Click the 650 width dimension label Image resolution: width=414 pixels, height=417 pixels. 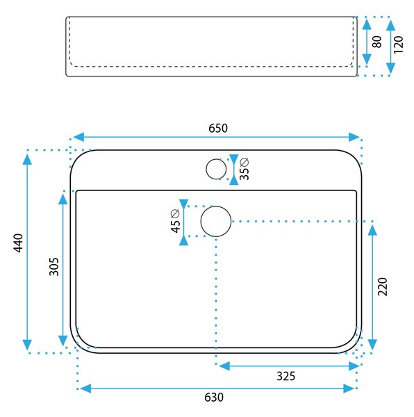point(218,128)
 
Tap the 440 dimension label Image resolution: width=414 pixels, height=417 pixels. point(19,243)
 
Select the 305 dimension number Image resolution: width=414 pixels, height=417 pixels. point(54,266)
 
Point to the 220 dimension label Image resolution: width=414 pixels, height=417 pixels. point(383,286)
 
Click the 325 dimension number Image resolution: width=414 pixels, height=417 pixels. point(286,376)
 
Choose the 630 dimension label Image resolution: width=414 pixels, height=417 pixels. point(214,398)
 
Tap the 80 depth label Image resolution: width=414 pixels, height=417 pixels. point(377,42)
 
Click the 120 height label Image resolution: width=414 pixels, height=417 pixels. point(398,44)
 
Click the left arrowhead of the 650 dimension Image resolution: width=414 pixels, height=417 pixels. point(78,137)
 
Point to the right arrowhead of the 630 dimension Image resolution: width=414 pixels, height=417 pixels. point(349,389)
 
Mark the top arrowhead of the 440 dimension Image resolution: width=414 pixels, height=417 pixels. point(27,159)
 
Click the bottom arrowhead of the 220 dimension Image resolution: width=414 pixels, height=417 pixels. point(372,345)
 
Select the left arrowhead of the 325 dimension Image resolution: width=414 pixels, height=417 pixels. point(224,366)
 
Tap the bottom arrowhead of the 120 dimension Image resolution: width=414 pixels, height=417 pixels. point(390,68)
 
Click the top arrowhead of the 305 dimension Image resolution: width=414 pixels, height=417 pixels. point(63,199)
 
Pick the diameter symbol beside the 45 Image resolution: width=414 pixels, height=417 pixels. point(175,213)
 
